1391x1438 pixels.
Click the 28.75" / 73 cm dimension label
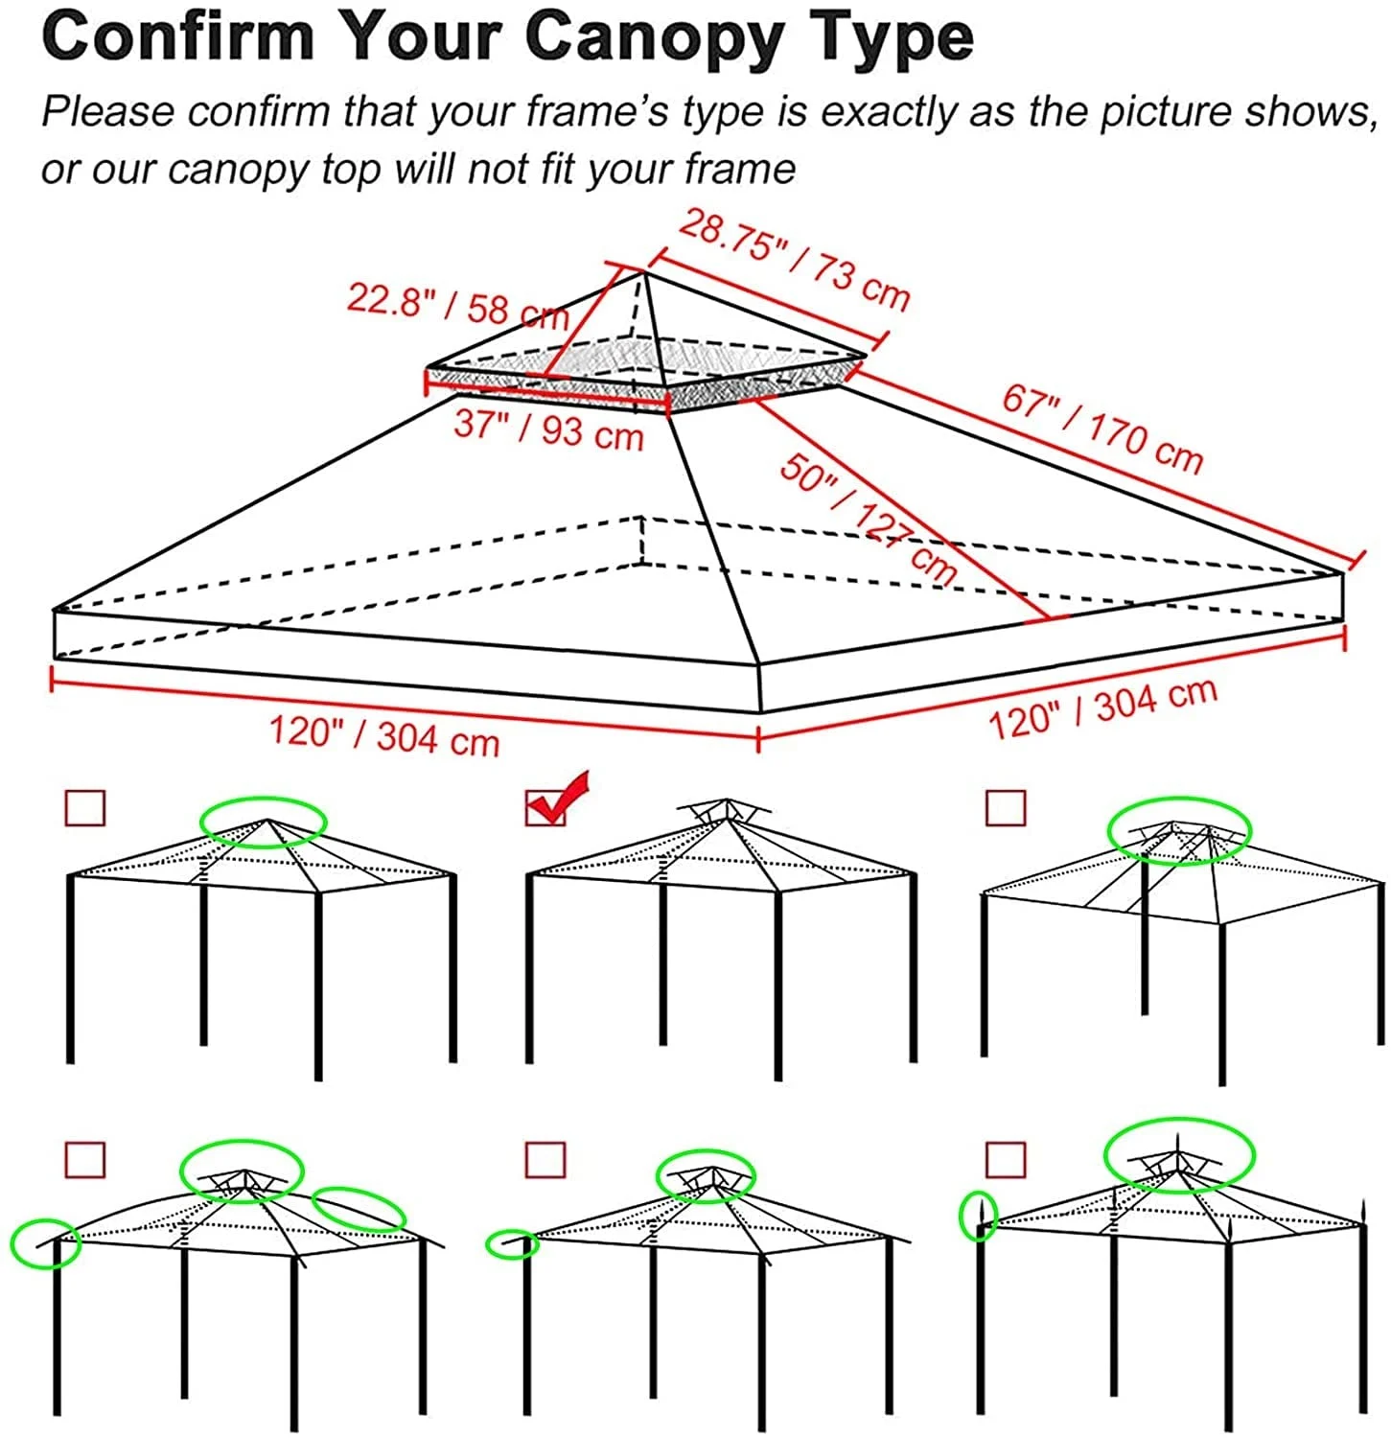[x=794, y=261]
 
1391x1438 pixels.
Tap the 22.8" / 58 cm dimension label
[x=457, y=304]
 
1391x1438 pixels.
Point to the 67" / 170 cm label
[x=1102, y=429]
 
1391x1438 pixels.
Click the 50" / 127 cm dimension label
[x=867, y=518]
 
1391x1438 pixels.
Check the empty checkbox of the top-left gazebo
[x=84, y=808]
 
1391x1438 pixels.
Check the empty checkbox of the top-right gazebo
[x=1005, y=808]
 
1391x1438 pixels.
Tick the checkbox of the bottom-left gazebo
[x=84, y=1160]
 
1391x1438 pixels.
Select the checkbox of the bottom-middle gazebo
[x=545, y=1160]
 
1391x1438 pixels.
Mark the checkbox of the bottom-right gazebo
[x=1005, y=1160]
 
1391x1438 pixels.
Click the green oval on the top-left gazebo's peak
[x=264, y=822]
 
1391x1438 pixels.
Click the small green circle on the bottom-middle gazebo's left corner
[x=513, y=1244]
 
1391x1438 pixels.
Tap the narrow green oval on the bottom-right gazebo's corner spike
[x=979, y=1216]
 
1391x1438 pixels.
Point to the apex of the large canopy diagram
[x=643, y=274]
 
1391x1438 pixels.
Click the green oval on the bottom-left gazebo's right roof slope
[x=359, y=1210]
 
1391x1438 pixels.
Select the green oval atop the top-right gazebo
[x=1179, y=830]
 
